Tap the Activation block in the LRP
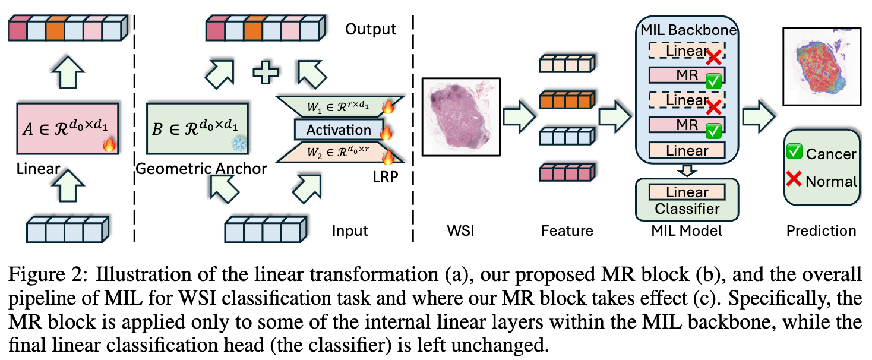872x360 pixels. tap(339, 130)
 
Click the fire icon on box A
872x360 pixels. tap(109, 144)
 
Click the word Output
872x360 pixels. tap(372, 29)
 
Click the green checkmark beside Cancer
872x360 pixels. tap(794, 153)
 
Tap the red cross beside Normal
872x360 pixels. tap(794, 181)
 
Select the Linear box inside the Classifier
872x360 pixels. tap(687, 192)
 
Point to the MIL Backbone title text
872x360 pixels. tap(687, 30)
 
